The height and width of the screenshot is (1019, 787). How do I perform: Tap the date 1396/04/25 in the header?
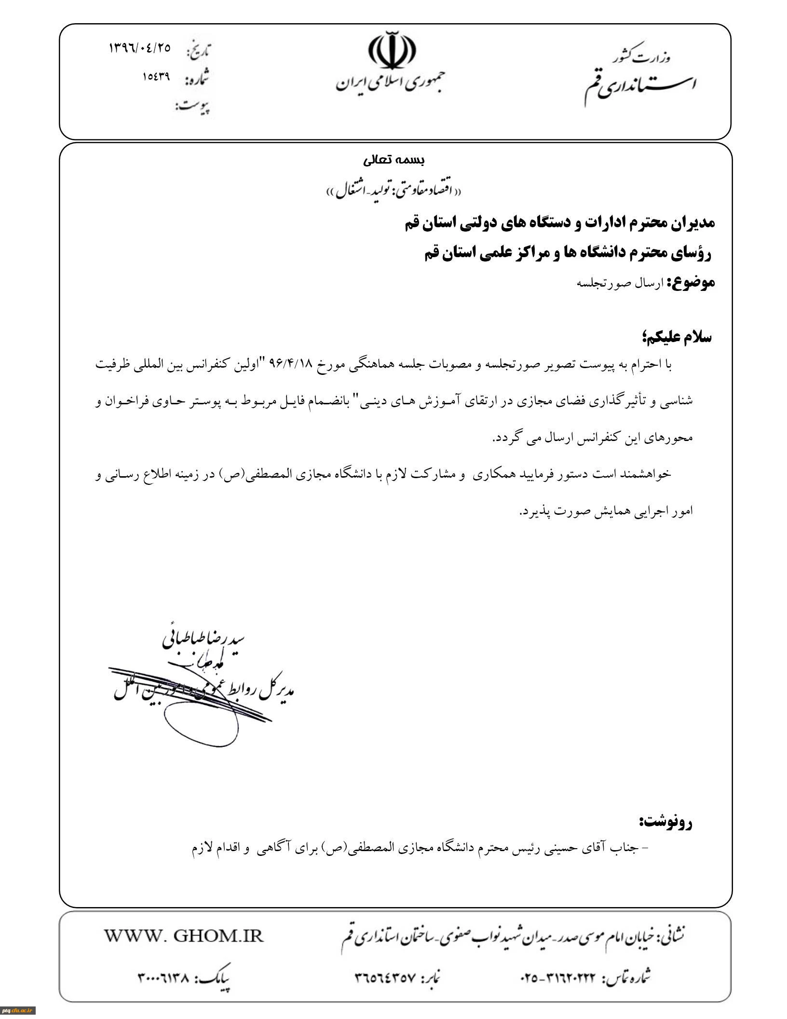(x=140, y=48)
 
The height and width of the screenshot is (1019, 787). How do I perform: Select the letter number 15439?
(x=156, y=76)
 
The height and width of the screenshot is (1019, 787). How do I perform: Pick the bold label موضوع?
(x=691, y=282)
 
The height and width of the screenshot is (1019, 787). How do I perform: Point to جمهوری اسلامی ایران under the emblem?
(x=391, y=83)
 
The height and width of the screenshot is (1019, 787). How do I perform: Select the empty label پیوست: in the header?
(x=193, y=106)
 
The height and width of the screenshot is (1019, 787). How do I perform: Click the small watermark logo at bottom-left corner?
(x=17, y=1009)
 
